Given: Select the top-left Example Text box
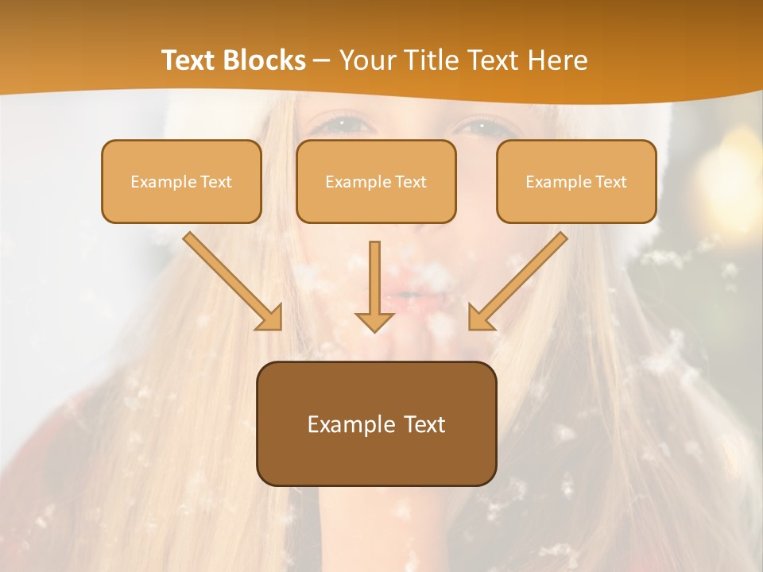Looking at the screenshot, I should [181, 182].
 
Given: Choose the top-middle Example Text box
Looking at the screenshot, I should [376, 182].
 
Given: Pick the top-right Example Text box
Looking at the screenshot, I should [576, 182].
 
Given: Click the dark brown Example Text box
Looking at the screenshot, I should [376, 423].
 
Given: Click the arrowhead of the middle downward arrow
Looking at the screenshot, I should [375, 320].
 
